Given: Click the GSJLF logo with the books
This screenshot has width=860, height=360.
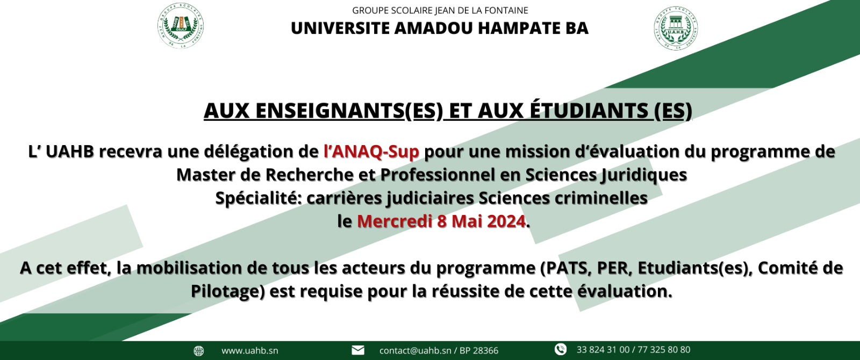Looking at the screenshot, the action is coord(181,26).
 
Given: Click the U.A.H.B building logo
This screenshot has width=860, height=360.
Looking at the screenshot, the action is coord(676,27).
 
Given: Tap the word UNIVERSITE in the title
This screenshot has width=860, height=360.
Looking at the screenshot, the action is coord(340,28).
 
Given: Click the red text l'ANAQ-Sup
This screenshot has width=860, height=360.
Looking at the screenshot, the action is coord(371,152).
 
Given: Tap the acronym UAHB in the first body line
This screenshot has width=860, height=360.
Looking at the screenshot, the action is coord(70,152).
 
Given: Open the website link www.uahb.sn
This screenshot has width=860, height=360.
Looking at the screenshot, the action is coord(250,351).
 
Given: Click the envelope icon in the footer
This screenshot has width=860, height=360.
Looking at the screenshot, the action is coord(358,350).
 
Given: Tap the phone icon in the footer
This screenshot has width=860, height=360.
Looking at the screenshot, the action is coord(561,349).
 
